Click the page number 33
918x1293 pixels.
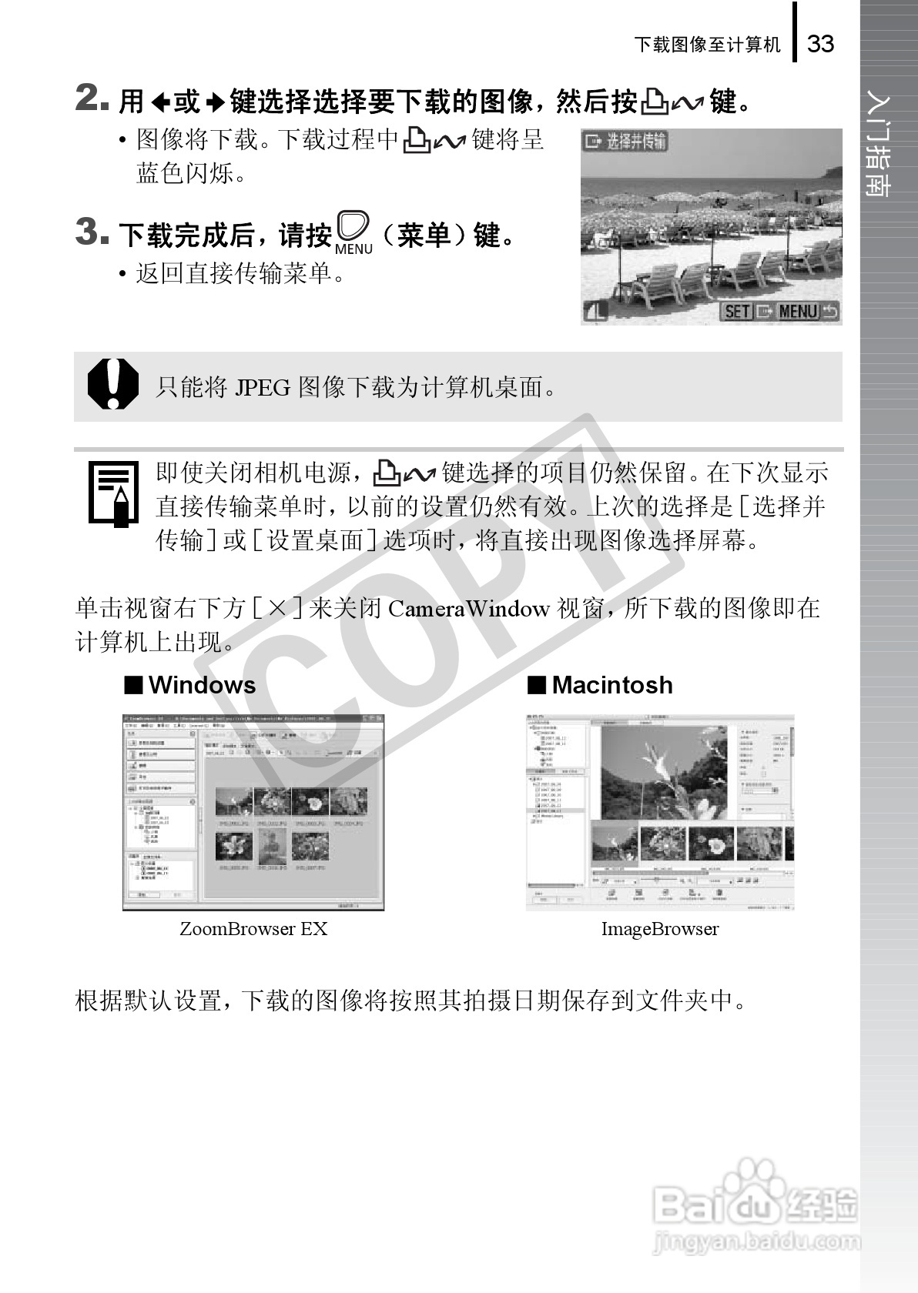pyautogui.click(x=820, y=43)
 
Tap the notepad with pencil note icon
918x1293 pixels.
pyautogui.click(x=112, y=494)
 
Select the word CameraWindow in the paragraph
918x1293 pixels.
pyautogui.click(x=468, y=609)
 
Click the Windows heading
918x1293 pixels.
pyautogui.click(x=202, y=685)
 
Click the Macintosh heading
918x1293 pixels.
pyautogui.click(x=611, y=685)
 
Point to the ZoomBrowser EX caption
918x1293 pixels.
pyautogui.click(x=253, y=929)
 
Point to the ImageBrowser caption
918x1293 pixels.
pyautogui.click(x=660, y=929)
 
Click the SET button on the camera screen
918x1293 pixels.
pyautogui.click(x=737, y=311)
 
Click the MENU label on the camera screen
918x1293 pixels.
pyautogui.click(x=797, y=311)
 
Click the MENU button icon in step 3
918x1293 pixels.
pyautogui.click(x=353, y=232)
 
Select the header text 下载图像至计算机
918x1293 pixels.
pyautogui.click(x=707, y=45)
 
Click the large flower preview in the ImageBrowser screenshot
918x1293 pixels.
pyautogui.click(x=664, y=773)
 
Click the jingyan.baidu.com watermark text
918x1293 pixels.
pyautogui.click(x=756, y=1241)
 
